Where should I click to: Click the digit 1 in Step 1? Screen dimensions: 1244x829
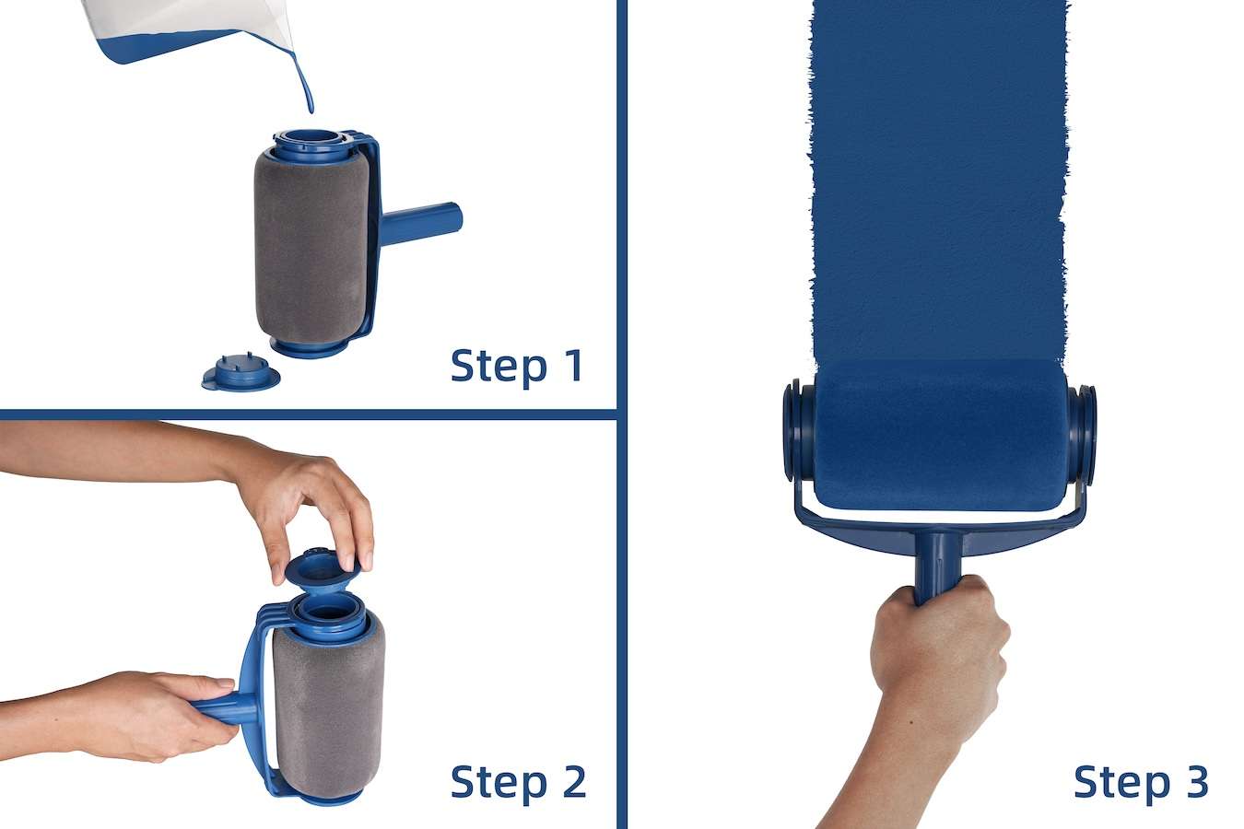[x=572, y=366]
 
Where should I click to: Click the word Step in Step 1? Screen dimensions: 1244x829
[x=499, y=367]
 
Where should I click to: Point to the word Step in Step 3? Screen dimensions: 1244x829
[x=1121, y=784]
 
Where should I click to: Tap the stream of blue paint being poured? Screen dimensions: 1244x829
[x=304, y=83]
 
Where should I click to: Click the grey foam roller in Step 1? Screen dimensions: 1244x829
[x=311, y=247]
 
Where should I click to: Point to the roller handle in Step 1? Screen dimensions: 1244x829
[x=421, y=223]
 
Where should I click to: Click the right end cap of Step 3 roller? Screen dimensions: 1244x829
[x=1082, y=436]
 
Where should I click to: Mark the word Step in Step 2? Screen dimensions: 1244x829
[x=499, y=784]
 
